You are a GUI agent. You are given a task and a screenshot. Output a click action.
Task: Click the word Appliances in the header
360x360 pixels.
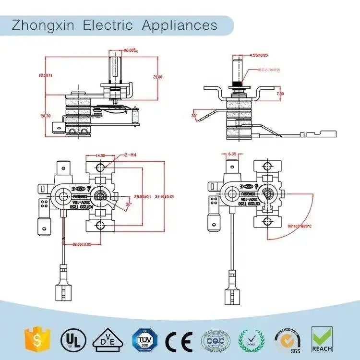[x=180, y=25]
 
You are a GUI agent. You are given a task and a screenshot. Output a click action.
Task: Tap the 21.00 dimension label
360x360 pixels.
[x=157, y=77]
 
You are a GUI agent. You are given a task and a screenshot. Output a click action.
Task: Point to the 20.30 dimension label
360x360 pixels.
[x=45, y=116]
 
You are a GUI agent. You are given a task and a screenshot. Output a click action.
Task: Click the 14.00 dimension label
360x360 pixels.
[x=100, y=156]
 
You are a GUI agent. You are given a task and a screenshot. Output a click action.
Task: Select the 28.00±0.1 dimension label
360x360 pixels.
[x=142, y=196]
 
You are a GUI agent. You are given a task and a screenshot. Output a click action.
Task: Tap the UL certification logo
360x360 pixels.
[x=70, y=339]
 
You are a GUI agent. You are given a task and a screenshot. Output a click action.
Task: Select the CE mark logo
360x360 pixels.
[x=179, y=340]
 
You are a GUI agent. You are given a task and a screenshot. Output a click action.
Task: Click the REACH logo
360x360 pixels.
[x=322, y=339]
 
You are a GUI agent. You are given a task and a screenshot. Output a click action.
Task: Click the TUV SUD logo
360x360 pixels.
[x=143, y=340]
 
